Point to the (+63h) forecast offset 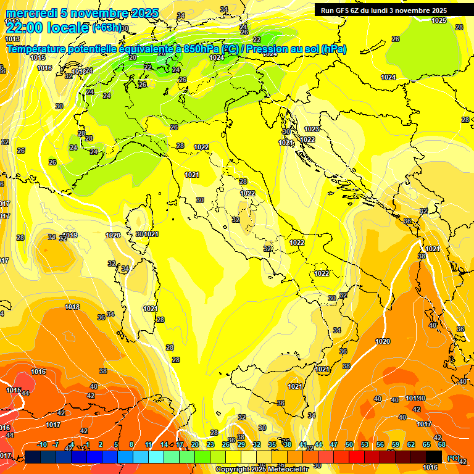coord(107,28)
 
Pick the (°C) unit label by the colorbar coord(453,458)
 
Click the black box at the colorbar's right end coord(434,457)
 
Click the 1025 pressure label coord(439,20)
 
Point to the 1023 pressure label coord(312,129)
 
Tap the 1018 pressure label coord(73,307)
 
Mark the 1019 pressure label coord(70,235)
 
